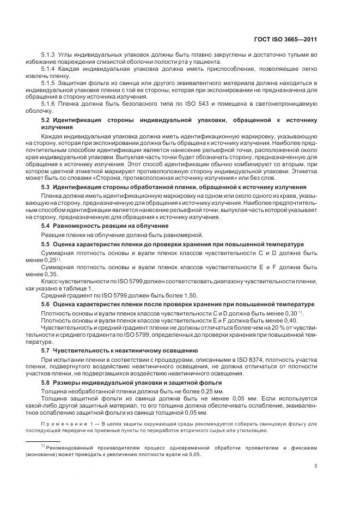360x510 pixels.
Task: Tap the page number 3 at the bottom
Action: tap(316, 465)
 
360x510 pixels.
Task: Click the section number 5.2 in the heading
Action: tap(46, 119)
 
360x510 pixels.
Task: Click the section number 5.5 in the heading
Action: tap(46, 244)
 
